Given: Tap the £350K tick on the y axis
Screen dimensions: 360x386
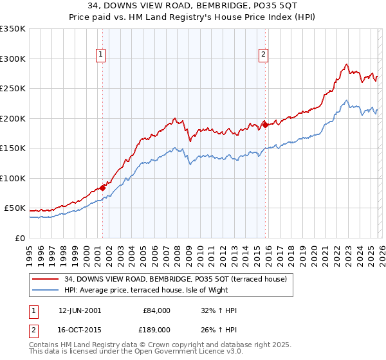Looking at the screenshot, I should [13, 29].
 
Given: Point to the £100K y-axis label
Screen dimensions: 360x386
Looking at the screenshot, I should [13, 179].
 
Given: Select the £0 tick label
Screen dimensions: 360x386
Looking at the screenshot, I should [20, 239].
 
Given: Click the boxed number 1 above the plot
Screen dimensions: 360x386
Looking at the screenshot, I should [102, 55].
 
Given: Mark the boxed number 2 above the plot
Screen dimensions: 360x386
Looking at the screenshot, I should [264, 55].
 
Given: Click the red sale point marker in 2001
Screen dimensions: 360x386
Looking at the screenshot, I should [102, 188].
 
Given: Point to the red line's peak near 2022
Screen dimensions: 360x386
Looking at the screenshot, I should [347, 64].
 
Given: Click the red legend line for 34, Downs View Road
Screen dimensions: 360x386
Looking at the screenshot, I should [46, 278].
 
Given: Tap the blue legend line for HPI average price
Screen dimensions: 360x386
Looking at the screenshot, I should [46, 290].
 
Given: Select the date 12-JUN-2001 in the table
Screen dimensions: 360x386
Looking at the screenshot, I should [80, 310].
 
